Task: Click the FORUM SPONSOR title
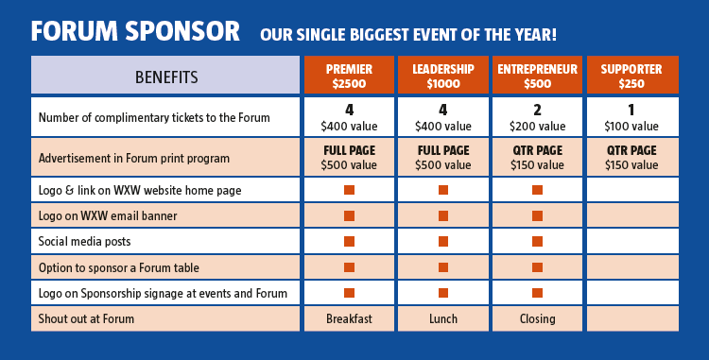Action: (x=135, y=31)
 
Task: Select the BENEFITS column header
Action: (x=166, y=77)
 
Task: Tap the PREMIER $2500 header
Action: (x=349, y=76)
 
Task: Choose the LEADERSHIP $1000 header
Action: (x=442, y=76)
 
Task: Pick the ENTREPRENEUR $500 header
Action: (x=537, y=76)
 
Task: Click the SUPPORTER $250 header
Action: (x=631, y=76)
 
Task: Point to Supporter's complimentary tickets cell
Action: (x=631, y=117)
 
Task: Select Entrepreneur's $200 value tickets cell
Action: (x=537, y=117)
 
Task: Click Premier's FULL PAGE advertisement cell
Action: (x=349, y=157)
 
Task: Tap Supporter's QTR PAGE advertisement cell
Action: (x=631, y=157)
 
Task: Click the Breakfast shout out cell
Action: (x=349, y=318)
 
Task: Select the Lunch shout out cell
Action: (x=442, y=318)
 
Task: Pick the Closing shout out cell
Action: (x=537, y=318)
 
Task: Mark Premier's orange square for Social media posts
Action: (x=349, y=242)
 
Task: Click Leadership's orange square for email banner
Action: (x=442, y=216)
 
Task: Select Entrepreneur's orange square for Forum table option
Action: (x=537, y=267)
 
